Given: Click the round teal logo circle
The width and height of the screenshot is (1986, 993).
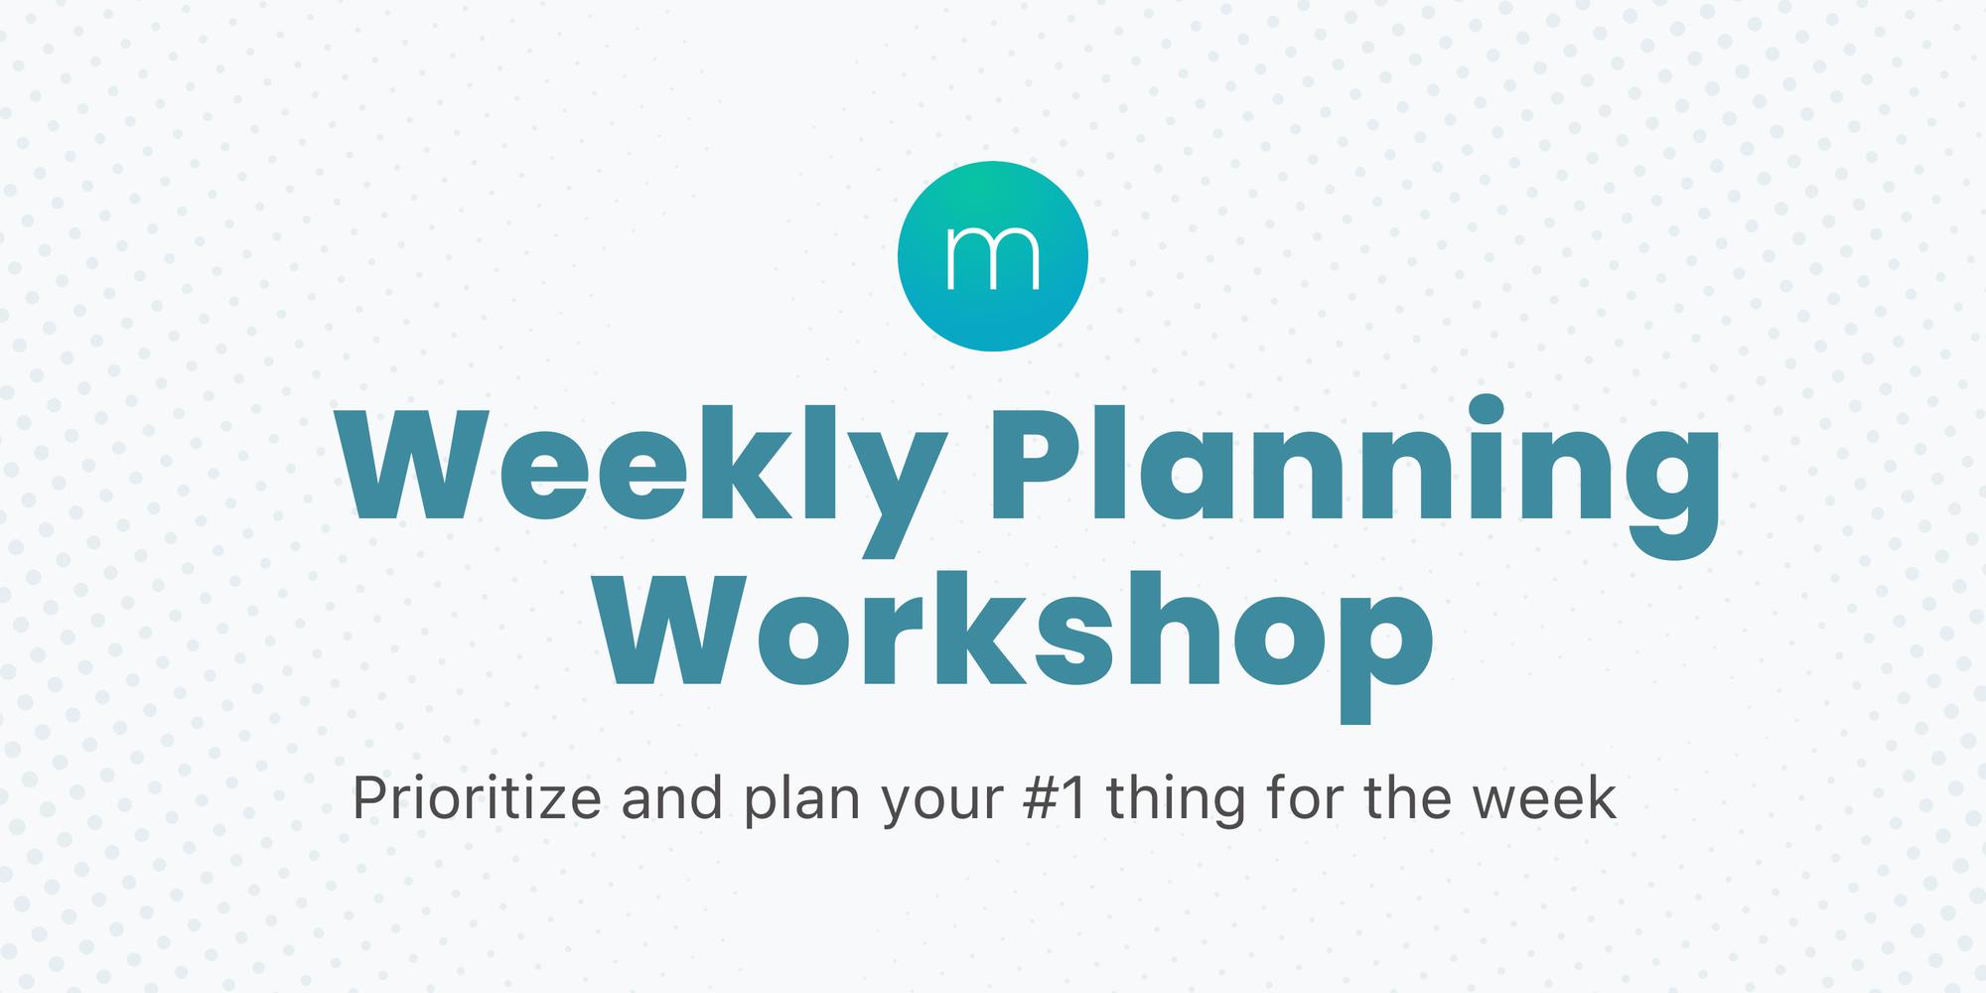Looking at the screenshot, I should (x=993, y=255).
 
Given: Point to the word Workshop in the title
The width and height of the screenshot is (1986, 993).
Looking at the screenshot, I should (x=1019, y=636).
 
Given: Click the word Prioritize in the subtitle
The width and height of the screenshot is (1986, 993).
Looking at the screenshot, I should (x=477, y=799).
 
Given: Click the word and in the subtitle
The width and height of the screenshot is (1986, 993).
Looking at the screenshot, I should (x=672, y=799).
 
